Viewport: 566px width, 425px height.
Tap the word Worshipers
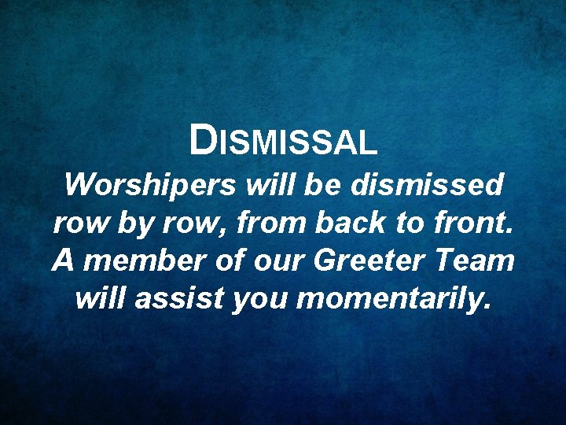149,187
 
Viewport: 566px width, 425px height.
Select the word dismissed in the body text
428,187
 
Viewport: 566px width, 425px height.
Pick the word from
272,224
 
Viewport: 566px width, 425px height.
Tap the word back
351,224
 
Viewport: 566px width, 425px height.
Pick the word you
259,299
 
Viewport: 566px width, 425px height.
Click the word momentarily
392,299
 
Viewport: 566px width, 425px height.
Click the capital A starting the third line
63,261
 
